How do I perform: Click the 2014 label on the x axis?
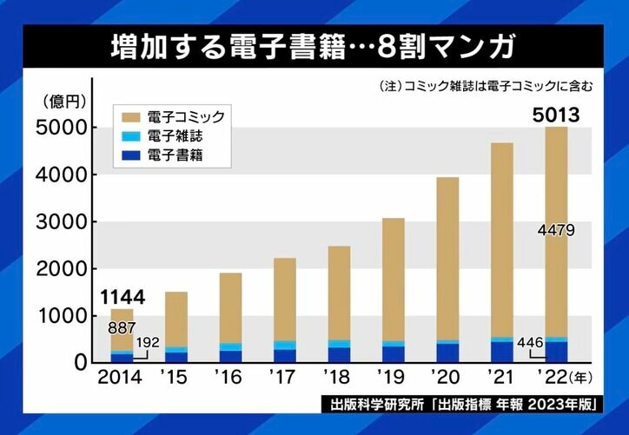[x=122, y=379]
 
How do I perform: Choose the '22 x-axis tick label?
[x=550, y=379]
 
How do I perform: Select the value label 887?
[x=121, y=328]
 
